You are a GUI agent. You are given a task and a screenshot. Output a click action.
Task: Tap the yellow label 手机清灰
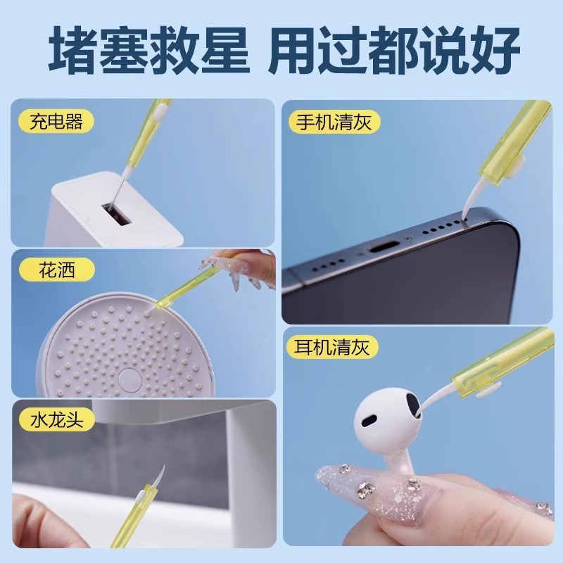tap(334, 121)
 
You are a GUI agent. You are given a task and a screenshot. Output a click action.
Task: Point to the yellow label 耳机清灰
tap(334, 347)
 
